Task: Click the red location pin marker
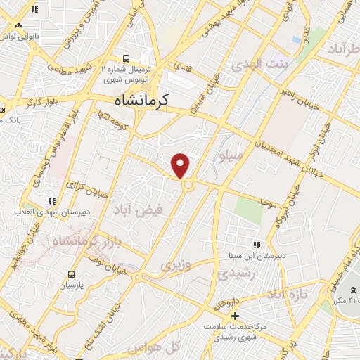coord(181,165)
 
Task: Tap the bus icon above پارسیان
coord(71,274)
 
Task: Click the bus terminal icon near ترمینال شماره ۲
coord(126,59)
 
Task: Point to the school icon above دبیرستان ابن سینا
coord(258,245)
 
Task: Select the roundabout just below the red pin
coord(188,185)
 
